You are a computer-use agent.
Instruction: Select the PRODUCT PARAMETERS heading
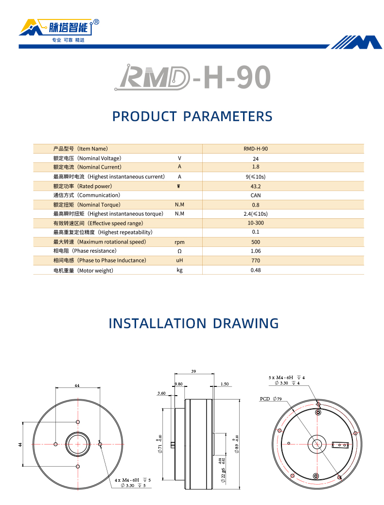(192, 117)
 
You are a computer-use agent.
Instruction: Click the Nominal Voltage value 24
(256, 158)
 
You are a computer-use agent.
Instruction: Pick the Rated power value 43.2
(256, 186)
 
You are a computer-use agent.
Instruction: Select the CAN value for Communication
(256, 195)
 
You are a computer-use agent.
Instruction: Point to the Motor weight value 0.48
(256, 270)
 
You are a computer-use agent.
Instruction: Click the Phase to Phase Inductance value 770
(256, 261)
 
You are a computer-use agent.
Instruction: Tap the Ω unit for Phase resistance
(179, 251)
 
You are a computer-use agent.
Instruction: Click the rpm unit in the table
(179, 242)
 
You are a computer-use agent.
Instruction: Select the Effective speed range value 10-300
(256, 223)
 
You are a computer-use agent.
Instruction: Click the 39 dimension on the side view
(193, 371)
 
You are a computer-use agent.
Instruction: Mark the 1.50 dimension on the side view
(224, 384)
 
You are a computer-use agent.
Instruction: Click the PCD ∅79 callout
(271, 399)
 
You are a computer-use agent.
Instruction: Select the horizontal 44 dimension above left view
(77, 385)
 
